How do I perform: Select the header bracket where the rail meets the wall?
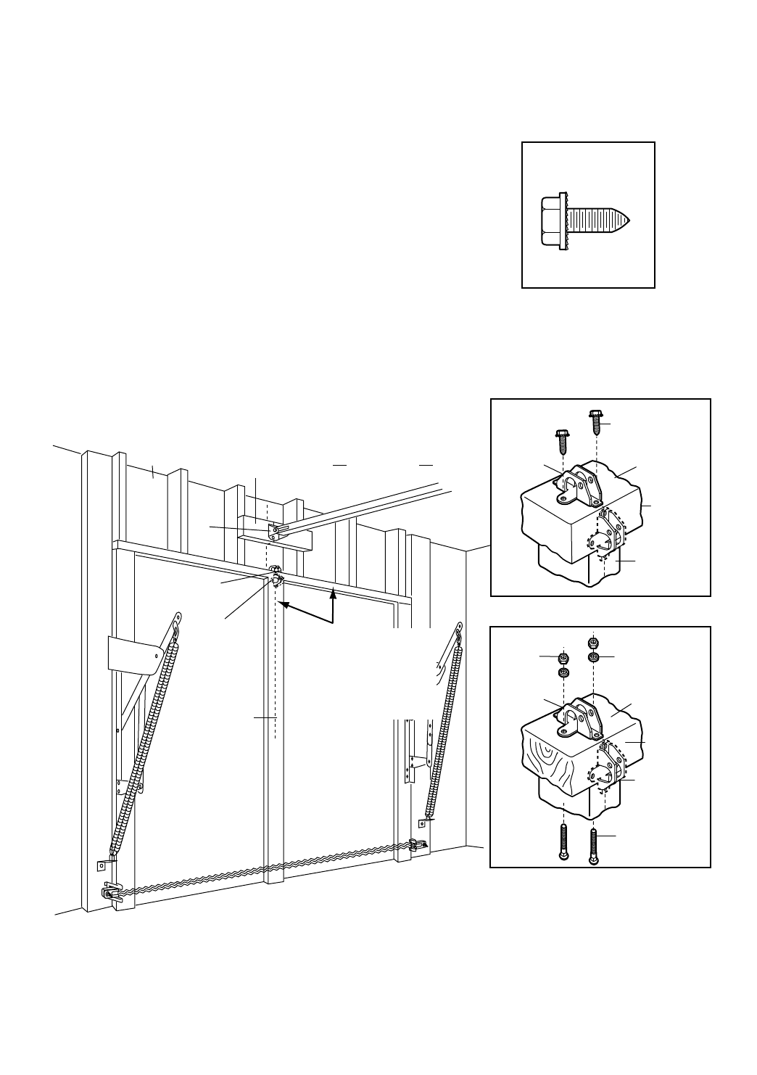tap(275, 531)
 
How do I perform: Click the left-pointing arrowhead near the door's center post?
tap(286, 604)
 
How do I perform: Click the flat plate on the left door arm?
tap(133, 653)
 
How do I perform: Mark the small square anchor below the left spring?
tap(102, 865)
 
